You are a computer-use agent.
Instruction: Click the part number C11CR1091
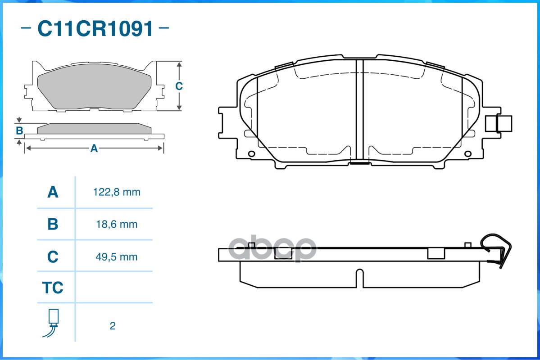coord(95,29)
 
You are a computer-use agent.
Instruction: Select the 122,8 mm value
coord(117,193)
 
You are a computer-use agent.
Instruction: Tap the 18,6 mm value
coord(117,224)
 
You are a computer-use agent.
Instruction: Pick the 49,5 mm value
coord(117,257)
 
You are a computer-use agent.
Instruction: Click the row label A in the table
coord(53,193)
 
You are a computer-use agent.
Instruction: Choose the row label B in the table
coord(53,224)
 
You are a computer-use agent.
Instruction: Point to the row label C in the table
coord(53,257)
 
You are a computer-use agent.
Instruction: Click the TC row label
coord(53,288)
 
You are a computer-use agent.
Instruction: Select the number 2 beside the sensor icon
coord(113,326)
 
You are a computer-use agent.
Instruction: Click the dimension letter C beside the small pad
coord(179,86)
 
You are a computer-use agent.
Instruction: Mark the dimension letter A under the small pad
coord(94,148)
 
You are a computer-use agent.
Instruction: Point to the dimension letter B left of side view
coord(19,131)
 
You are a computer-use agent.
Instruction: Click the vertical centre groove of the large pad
coord(359,110)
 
